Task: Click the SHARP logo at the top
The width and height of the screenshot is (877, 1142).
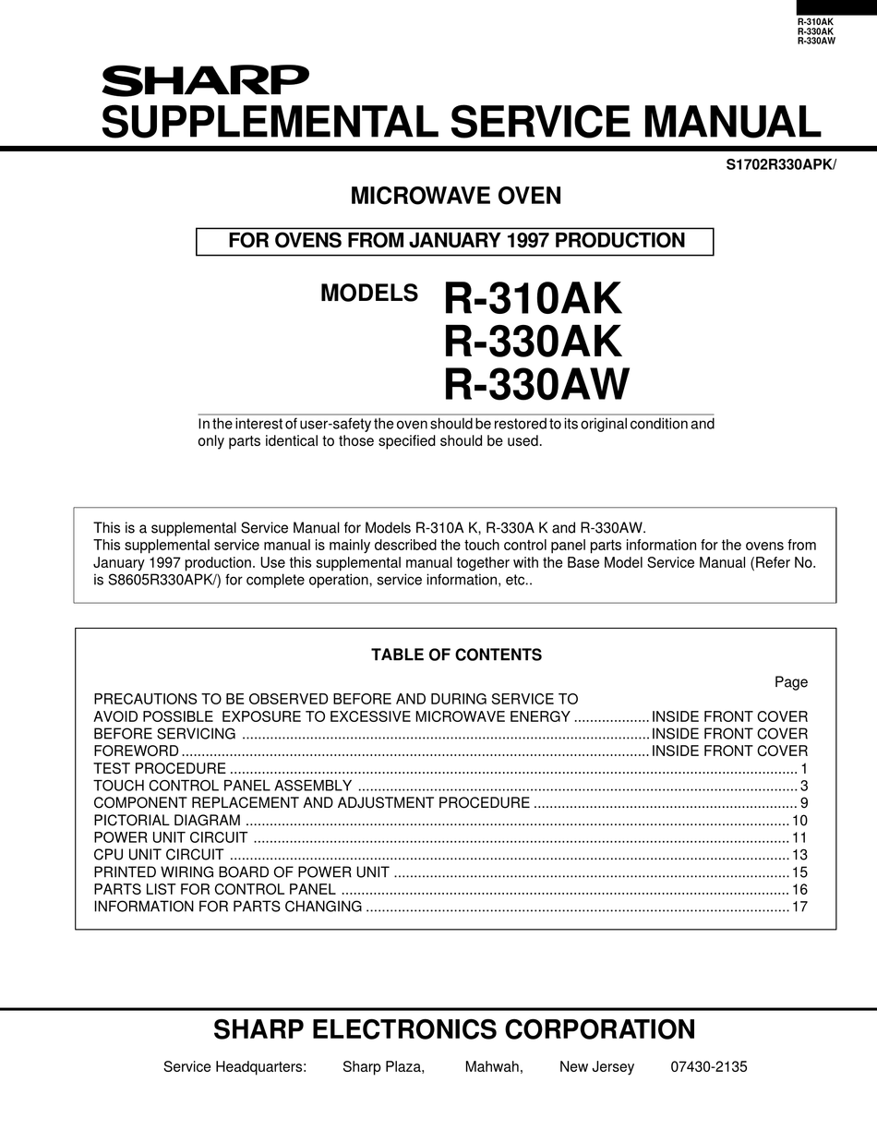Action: pos(205,81)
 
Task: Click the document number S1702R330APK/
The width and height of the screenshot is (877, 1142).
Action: pos(781,165)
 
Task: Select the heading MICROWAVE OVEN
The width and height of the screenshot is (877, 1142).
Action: pos(455,196)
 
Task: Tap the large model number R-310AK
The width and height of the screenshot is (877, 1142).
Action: pos(533,299)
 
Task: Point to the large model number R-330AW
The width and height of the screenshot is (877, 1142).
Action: pos(536,384)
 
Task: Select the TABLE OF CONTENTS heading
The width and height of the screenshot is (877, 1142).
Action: pos(456,655)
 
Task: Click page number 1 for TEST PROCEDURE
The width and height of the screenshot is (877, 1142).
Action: pos(804,768)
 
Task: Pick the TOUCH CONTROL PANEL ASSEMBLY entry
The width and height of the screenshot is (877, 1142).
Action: pos(222,786)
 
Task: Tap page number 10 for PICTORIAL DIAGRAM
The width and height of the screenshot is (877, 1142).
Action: pos(799,820)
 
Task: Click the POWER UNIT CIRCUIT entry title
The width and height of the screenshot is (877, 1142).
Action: pos(171,837)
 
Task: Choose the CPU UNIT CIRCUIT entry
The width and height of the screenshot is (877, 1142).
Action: pos(159,855)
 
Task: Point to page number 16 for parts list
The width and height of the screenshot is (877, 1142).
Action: pos(799,889)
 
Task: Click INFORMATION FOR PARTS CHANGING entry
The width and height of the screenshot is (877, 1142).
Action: pos(228,907)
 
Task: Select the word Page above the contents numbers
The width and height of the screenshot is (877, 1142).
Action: pos(791,682)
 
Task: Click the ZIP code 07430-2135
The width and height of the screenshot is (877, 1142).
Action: pos(708,1067)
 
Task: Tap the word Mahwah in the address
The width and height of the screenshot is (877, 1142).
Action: pos(494,1067)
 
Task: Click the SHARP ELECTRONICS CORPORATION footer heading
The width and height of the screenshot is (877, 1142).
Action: pos(454,1029)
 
